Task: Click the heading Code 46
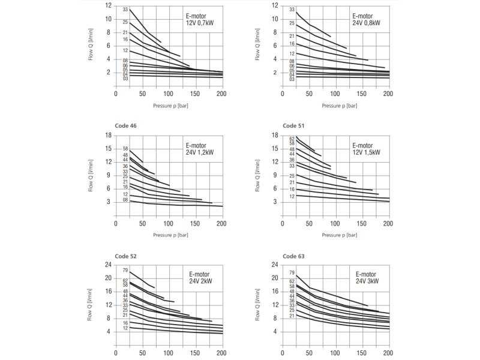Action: [125, 125]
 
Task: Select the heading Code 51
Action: [294, 125]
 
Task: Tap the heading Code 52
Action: [125, 256]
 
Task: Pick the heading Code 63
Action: [294, 256]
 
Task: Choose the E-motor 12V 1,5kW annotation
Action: [367, 149]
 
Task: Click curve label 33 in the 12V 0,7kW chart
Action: [125, 10]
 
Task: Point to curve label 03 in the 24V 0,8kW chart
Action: [292, 79]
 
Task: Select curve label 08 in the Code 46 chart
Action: [125, 200]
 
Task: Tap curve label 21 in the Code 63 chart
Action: [292, 316]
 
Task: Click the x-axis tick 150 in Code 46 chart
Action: [195, 224]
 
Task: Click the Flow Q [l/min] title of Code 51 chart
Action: [259, 169]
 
